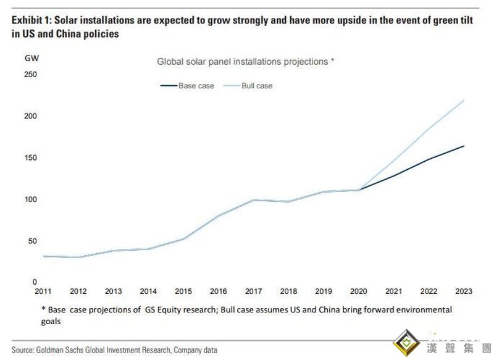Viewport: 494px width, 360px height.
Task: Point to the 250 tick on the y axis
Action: coord(30,75)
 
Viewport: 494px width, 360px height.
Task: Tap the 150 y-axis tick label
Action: coord(30,158)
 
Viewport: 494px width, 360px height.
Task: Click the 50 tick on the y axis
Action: coord(30,241)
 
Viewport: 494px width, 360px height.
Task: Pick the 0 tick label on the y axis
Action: coord(35,282)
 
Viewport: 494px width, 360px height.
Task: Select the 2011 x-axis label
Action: coord(43,291)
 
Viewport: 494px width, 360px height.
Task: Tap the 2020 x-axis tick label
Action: coord(359,291)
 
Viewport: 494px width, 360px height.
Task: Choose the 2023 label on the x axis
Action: coord(464,291)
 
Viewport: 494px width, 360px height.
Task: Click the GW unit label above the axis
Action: coord(31,58)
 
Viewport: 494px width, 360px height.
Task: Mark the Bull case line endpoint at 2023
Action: coord(464,100)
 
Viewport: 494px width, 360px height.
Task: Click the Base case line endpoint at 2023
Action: coord(464,146)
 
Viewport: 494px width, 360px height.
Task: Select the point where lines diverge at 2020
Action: coord(359,190)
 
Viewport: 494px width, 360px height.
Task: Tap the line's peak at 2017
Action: coord(254,200)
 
